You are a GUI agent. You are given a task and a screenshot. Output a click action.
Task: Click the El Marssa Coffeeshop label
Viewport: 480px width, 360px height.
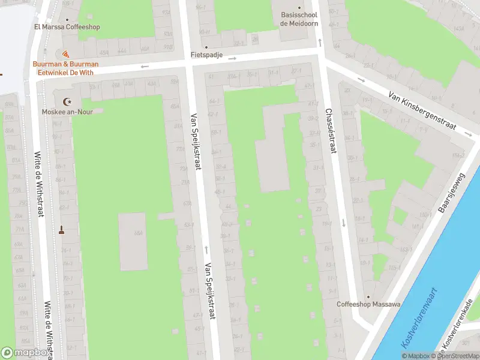coord(67,27)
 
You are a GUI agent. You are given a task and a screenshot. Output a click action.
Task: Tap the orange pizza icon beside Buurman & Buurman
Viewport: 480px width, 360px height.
coord(65,55)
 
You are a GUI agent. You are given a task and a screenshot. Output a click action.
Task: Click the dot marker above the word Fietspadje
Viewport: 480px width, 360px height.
coord(206,47)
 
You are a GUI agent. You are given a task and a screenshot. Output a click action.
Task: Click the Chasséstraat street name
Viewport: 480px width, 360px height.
coord(329,131)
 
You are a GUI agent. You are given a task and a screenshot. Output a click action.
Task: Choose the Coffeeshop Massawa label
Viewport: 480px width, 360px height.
coord(368,304)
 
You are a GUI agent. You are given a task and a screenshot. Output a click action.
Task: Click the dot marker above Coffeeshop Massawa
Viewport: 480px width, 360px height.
coord(368,296)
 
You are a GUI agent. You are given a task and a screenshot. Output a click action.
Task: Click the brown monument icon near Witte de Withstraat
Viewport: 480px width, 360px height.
coord(61,229)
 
